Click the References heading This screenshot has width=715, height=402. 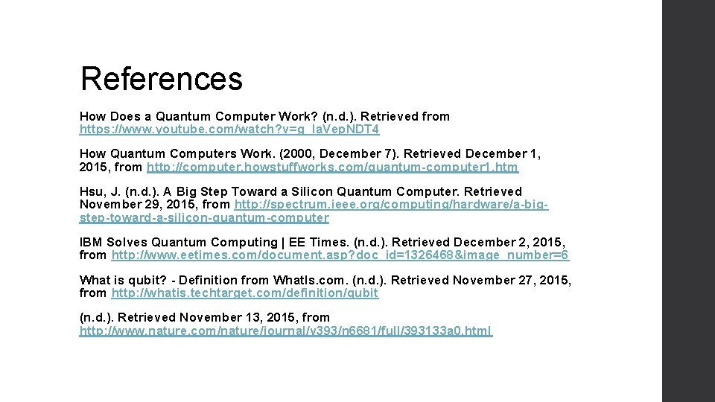[x=162, y=78]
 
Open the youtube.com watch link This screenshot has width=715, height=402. [x=229, y=130]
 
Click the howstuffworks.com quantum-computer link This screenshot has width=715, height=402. [x=332, y=167]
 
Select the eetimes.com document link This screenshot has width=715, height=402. [x=340, y=255]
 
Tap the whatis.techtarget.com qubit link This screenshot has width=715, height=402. [x=245, y=293]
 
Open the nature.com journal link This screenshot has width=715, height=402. [x=286, y=331]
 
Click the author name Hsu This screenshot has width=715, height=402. [x=92, y=191]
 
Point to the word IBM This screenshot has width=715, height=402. [x=90, y=242]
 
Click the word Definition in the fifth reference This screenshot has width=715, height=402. [x=209, y=280]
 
